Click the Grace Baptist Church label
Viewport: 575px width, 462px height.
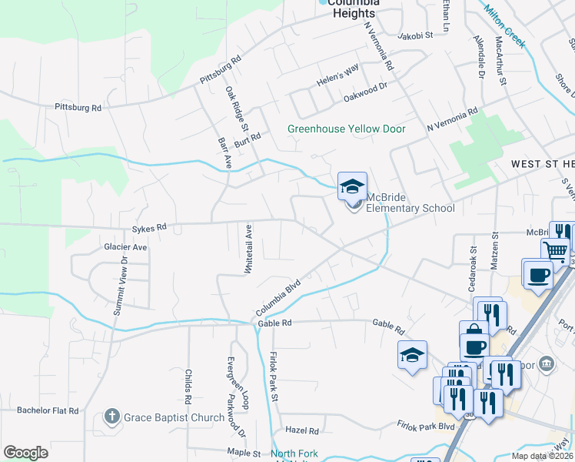pos(175,418)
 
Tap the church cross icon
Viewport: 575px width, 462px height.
pos(112,418)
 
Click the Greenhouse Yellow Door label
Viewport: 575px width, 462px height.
pos(346,129)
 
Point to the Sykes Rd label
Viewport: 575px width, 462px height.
pos(149,228)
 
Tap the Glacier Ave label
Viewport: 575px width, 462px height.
pos(125,247)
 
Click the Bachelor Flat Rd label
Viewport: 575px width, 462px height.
pos(48,411)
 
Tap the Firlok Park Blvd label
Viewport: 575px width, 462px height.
pos(427,427)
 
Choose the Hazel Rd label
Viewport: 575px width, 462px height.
pos(301,430)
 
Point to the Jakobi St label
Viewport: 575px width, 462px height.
pos(416,35)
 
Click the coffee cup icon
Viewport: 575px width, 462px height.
pos(540,273)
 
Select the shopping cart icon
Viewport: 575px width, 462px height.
pos(556,249)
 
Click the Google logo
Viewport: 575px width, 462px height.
pos(25,453)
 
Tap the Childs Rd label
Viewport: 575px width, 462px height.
pos(188,387)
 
